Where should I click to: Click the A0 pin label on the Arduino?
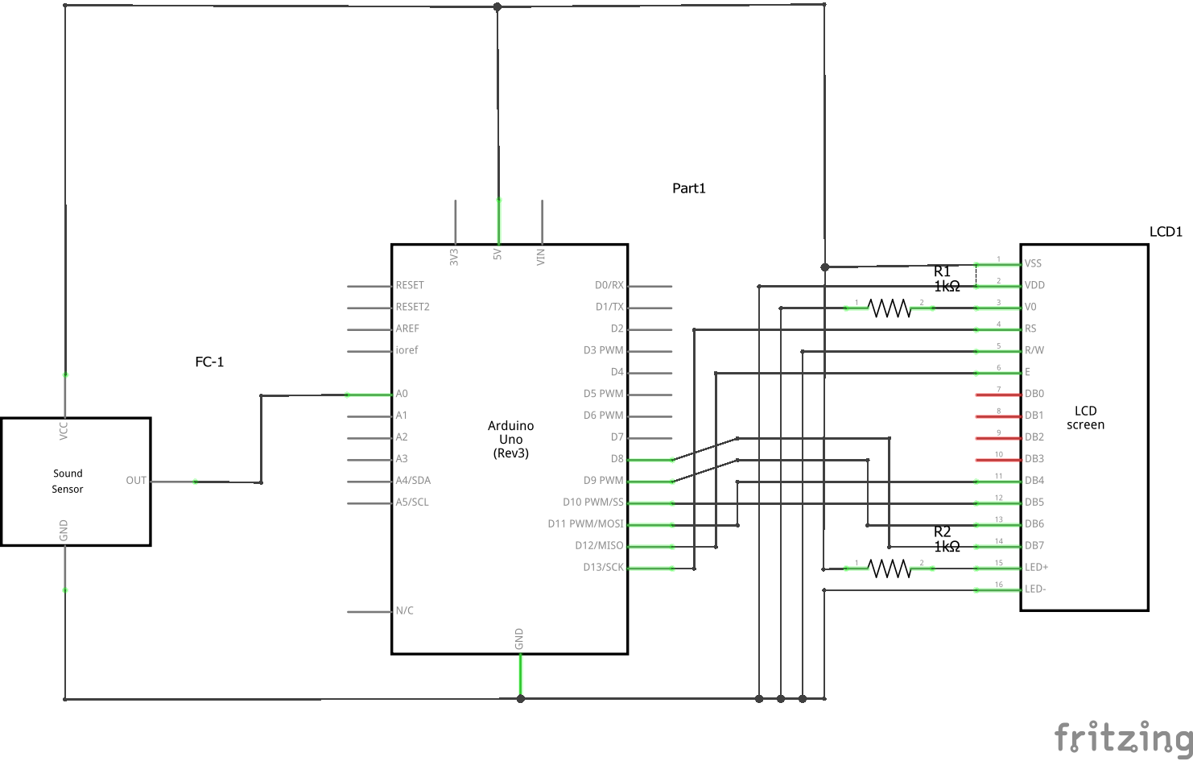[402, 394]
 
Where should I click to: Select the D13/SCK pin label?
[603, 567]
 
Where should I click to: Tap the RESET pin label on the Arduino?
[410, 285]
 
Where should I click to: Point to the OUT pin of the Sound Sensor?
[136, 481]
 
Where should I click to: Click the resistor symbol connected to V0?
[890, 308]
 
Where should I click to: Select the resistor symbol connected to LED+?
[890, 569]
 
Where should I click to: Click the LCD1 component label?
[1166, 232]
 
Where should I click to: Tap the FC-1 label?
[209, 362]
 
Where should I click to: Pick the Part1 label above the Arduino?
[689, 188]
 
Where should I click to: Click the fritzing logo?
[1123, 737]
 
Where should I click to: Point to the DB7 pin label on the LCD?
[1034, 546]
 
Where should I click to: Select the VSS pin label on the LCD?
[1033, 263]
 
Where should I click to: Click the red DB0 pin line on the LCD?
[998, 395]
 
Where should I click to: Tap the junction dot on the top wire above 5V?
[497, 7]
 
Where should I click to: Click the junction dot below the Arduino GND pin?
[521, 698]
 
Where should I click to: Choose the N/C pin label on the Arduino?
[404, 610]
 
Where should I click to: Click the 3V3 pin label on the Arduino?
[454, 257]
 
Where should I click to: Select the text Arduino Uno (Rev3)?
[510, 439]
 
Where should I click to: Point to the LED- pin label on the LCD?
[1035, 589]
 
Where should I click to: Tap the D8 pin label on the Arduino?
[617, 459]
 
